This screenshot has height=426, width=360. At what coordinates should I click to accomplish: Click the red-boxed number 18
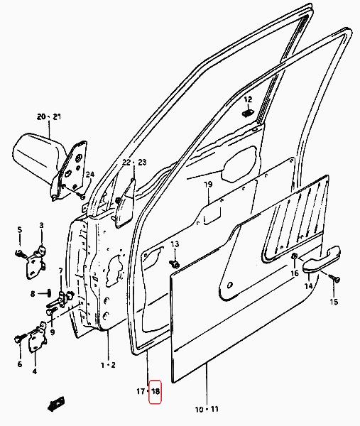156,391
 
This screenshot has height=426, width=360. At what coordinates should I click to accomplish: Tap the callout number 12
248,99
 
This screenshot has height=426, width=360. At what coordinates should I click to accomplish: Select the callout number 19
208,185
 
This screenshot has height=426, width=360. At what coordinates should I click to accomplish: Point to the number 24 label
90,174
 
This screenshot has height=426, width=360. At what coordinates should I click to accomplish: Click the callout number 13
175,244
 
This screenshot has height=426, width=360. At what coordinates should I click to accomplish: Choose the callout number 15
334,302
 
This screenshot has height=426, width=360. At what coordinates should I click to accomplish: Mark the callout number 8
33,294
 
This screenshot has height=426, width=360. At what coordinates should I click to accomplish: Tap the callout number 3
41,225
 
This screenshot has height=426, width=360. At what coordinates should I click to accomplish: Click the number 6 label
20,364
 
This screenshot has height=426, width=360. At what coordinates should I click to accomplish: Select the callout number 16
295,273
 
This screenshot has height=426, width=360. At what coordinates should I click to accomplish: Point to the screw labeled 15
334,278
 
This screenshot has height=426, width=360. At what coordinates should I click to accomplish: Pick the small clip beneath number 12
248,113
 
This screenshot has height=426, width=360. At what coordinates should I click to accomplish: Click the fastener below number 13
174,263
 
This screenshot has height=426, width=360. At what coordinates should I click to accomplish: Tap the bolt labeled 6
21,338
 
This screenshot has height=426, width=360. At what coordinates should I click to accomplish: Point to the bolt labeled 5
20,253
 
